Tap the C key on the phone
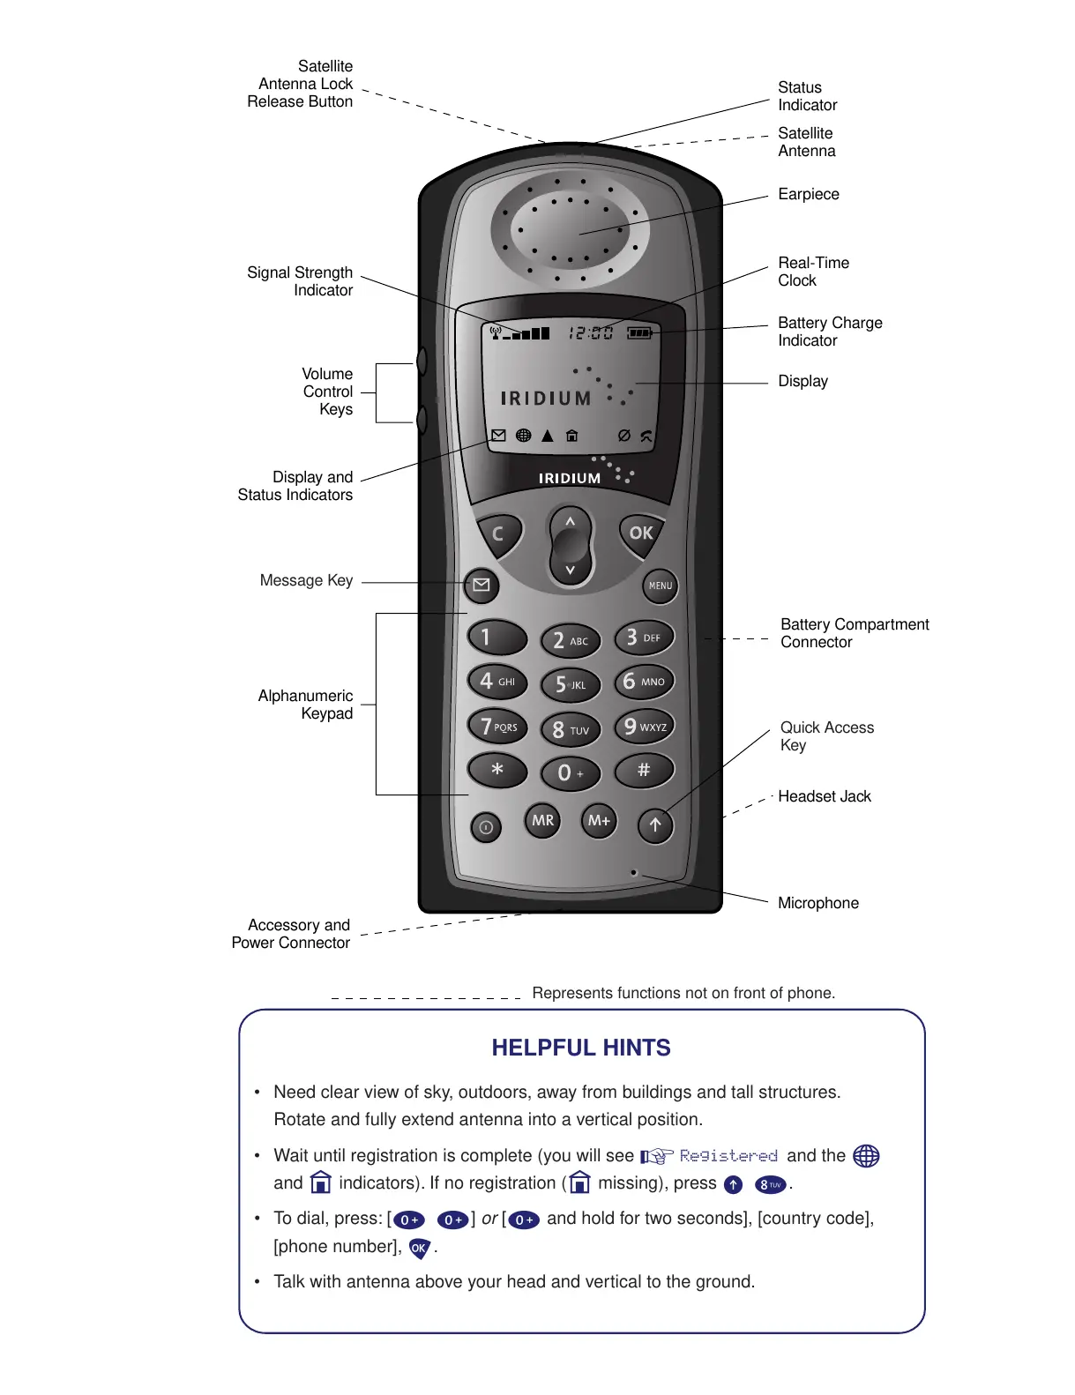pyautogui.click(x=498, y=533)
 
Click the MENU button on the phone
pyautogui.click(x=660, y=586)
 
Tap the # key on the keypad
pyautogui.click(x=644, y=770)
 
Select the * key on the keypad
pyautogui.click(x=497, y=770)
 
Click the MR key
pyautogui.click(x=542, y=820)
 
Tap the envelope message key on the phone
pyautogui.click(x=482, y=585)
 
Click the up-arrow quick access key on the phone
pyautogui.click(x=655, y=825)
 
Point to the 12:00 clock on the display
pyautogui.click(x=590, y=332)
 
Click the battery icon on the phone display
pyautogui.click(x=639, y=332)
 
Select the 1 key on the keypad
pyautogui.click(x=496, y=637)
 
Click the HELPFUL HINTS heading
pyautogui.click(x=581, y=1048)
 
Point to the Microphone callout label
pyautogui.click(x=817, y=903)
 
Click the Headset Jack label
pyautogui.click(x=824, y=796)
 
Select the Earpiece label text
pyautogui.click(x=808, y=194)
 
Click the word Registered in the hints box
pyautogui.click(x=728, y=1155)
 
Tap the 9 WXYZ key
pyautogui.click(x=645, y=727)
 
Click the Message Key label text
pyautogui.click(x=306, y=580)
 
